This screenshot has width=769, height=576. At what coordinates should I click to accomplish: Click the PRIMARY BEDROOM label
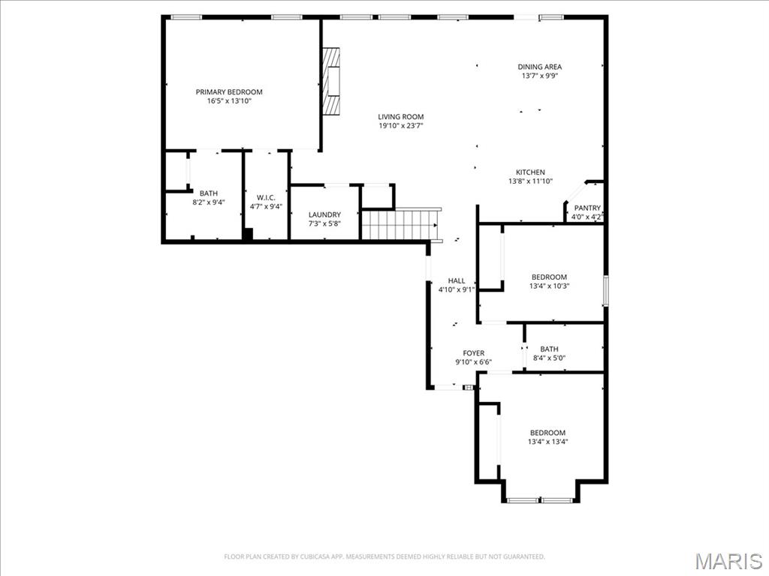(229, 92)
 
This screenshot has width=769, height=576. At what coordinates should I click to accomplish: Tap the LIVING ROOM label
(400, 117)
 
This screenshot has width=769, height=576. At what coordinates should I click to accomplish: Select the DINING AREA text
(539, 67)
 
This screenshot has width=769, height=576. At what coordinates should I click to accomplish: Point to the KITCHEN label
(530, 172)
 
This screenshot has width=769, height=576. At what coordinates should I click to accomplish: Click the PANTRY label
(587, 208)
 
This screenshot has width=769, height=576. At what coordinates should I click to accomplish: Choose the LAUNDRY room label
(324, 214)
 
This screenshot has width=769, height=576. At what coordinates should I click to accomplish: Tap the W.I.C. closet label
(266, 198)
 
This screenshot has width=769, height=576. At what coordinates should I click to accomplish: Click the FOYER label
(473, 353)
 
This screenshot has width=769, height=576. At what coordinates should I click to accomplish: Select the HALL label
(457, 281)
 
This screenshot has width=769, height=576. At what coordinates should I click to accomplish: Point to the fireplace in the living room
(330, 82)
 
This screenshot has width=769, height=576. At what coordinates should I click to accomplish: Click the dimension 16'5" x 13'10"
(229, 101)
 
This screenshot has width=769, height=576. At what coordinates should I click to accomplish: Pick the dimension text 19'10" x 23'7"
(400, 126)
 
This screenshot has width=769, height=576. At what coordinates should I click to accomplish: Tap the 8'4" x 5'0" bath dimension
(549, 358)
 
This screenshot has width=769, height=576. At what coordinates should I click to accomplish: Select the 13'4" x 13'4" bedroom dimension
(547, 442)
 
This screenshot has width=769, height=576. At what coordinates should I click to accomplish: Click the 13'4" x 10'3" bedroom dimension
(549, 286)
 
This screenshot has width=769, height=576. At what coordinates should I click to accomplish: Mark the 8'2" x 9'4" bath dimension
(208, 202)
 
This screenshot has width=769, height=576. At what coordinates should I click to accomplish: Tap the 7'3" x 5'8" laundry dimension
(324, 223)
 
